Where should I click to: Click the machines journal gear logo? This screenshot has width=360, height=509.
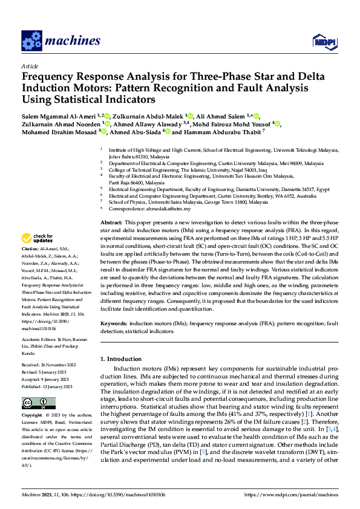pos(31,41)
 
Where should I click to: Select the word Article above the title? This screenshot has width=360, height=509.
pos(30,66)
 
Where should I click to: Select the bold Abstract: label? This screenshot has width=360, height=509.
pos(113,223)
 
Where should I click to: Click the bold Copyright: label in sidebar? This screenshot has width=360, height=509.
pos(32,416)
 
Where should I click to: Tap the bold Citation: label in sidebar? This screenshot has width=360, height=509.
pos(31,249)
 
